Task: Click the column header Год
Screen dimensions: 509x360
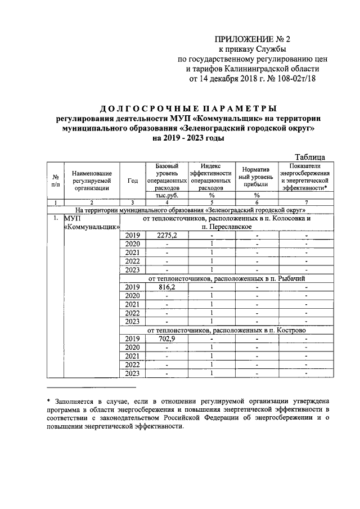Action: (133, 181)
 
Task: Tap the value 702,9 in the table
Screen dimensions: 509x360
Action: (167, 339)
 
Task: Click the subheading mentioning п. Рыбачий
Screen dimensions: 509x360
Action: (227, 277)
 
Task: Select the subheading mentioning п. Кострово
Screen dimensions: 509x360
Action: (227, 330)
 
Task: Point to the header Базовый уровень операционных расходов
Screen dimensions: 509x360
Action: (167, 177)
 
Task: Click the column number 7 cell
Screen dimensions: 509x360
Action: (307, 202)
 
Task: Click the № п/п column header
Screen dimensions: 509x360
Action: (56, 181)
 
